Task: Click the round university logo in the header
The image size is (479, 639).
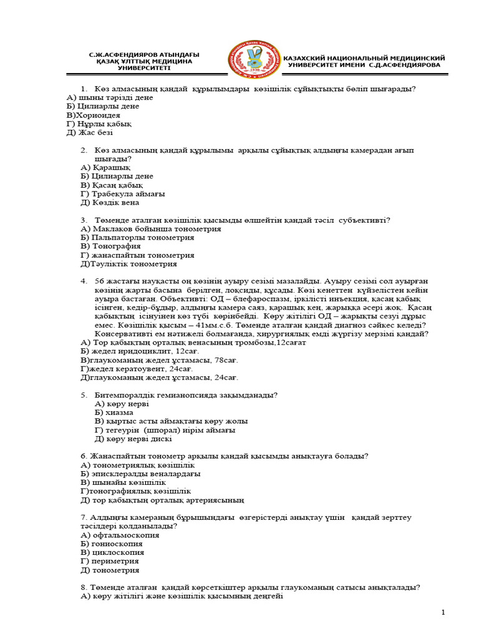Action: (253, 61)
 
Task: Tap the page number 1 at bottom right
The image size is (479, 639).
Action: (443, 612)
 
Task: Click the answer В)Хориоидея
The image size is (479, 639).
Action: (94, 115)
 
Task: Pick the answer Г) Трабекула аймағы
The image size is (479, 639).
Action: (123, 193)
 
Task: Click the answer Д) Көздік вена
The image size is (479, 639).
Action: (110, 202)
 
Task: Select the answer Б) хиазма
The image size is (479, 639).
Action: (114, 412)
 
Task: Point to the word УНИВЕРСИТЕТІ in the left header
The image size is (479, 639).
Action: (143, 68)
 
